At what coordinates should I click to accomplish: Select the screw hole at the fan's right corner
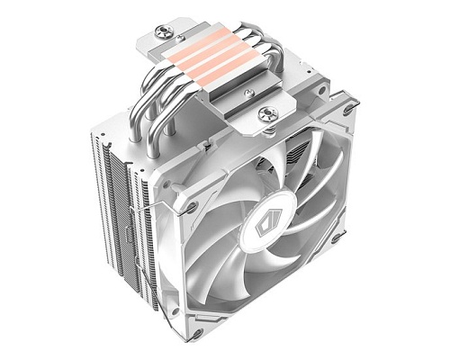(335, 238)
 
